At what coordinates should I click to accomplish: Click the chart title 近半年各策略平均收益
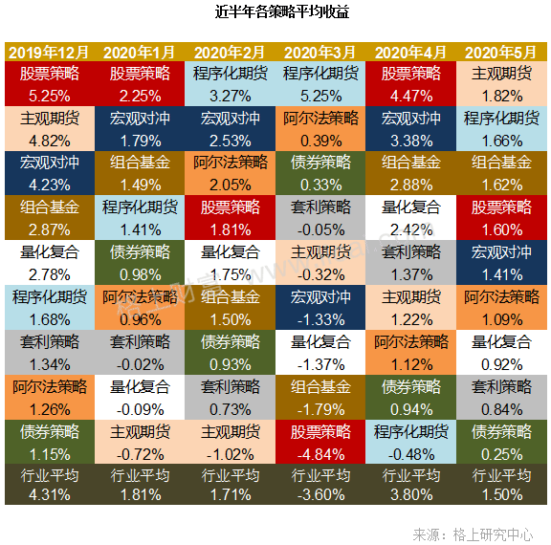[282, 11]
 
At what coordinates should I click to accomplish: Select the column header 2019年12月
[49, 53]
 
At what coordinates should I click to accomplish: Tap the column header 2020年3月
[320, 53]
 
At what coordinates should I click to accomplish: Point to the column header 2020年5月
[501, 53]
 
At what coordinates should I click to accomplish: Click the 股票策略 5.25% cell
[49, 83]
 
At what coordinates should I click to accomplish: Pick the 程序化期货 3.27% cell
[231, 83]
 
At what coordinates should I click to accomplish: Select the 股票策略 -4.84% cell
[320, 442]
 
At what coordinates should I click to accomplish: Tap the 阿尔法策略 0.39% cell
[320, 128]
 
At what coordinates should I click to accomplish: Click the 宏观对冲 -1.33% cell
[320, 307]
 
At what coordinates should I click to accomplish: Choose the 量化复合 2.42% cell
[410, 218]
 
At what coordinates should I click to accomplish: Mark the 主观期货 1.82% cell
[501, 83]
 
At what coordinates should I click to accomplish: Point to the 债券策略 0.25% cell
[501, 442]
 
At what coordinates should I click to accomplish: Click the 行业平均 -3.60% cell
[320, 484]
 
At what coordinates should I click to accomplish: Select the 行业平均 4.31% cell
[49, 484]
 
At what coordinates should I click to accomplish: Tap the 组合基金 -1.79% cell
[320, 397]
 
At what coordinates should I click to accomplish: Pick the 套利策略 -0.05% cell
[320, 218]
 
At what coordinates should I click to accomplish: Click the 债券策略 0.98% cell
[140, 263]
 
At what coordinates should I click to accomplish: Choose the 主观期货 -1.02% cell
[231, 442]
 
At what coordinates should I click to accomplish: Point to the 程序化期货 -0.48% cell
[410, 442]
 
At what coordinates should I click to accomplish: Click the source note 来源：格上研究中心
[473, 534]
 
